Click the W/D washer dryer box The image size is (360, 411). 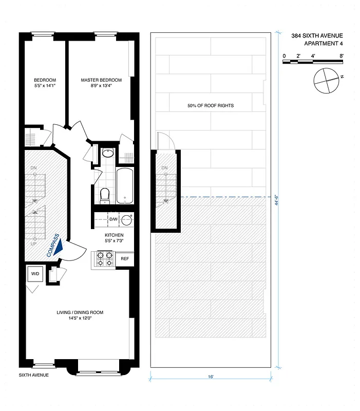[35, 274]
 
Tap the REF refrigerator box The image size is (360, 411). [124, 259]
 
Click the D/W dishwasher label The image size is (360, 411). [113, 219]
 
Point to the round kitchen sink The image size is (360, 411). [126, 220]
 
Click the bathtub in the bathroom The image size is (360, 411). [125, 185]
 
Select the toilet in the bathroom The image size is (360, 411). [105, 195]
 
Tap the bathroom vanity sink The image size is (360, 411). [108, 153]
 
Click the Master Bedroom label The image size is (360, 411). [101, 80]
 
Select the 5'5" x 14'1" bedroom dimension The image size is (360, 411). [45, 86]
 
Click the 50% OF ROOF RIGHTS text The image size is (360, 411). [211, 106]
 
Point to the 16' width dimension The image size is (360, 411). [211, 377]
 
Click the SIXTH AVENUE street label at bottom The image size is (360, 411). [34, 376]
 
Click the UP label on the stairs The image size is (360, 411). [34, 244]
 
